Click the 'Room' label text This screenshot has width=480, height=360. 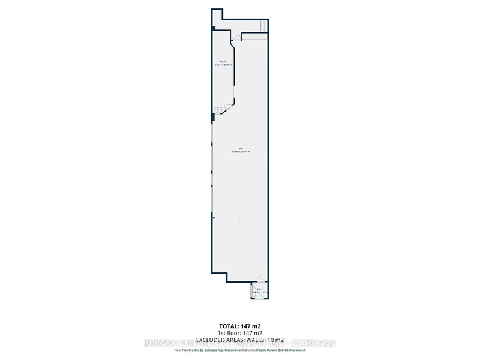pyautogui.click(x=223, y=61)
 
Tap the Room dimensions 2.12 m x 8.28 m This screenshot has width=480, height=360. pyautogui.click(x=223, y=65)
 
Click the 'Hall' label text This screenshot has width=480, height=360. pyautogui.click(x=240, y=148)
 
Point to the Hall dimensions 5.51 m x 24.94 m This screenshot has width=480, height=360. pyautogui.click(x=240, y=152)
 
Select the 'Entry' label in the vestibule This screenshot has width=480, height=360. pyautogui.click(x=259, y=289)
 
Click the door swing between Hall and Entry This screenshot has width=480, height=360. pyautogui.click(x=259, y=280)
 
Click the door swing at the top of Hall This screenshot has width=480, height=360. pyautogui.click(x=237, y=37)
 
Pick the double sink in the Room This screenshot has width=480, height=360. pyautogui.click(x=214, y=110)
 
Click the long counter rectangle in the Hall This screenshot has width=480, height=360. pyautogui.click(x=252, y=223)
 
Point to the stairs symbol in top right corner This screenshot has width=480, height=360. pyautogui.click(x=263, y=26)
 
